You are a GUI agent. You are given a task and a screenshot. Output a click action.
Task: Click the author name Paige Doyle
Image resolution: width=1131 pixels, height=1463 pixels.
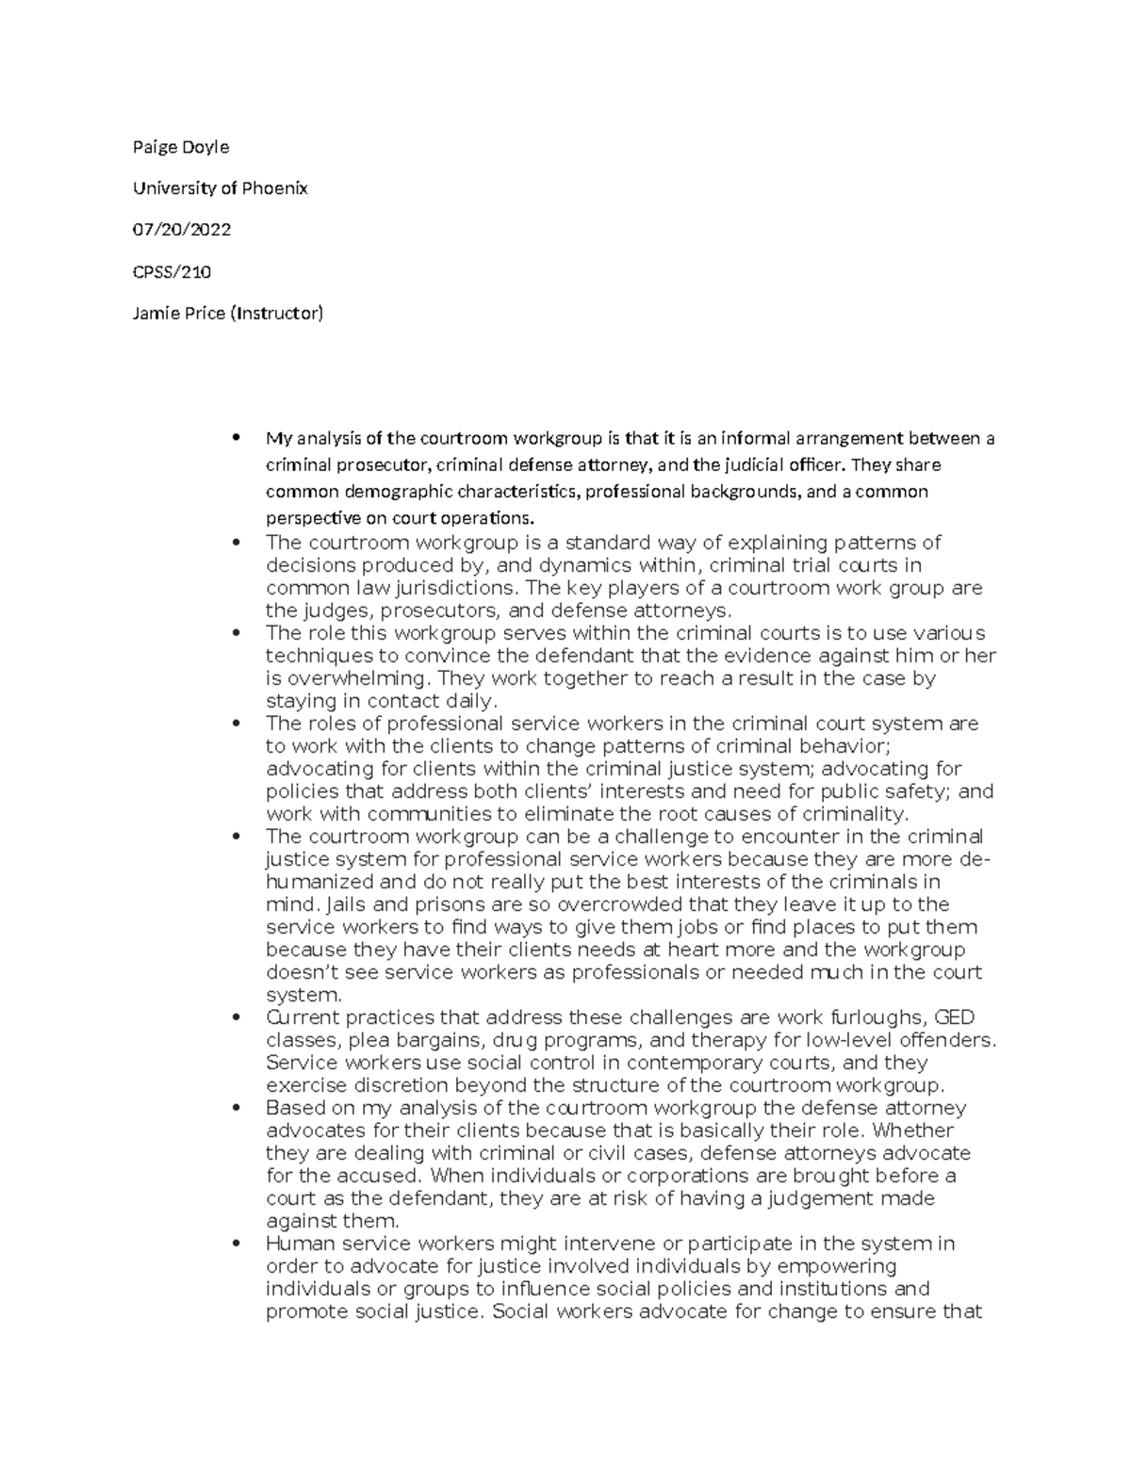(181, 147)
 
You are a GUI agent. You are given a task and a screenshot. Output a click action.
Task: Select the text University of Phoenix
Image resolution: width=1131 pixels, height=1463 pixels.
(221, 188)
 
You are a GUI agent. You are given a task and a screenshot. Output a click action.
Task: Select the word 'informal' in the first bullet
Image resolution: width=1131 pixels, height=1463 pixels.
(754, 438)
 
